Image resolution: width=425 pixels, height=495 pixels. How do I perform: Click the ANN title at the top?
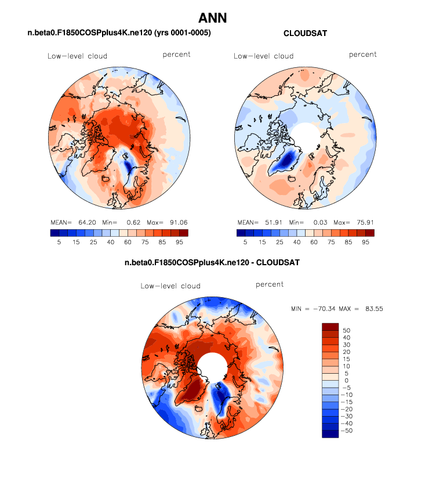(212, 19)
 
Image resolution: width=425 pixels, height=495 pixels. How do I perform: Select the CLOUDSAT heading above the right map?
(305, 34)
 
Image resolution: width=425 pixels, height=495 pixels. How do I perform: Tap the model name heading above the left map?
(119, 34)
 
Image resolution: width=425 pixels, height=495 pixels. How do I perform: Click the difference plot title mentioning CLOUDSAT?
(212, 263)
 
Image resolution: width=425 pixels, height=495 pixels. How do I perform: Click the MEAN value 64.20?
(82, 222)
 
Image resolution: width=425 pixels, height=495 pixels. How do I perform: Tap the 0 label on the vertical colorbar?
(346, 381)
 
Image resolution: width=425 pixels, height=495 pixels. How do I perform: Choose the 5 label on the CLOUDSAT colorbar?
(245, 243)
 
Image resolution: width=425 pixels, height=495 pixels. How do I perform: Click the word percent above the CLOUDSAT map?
(362, 55)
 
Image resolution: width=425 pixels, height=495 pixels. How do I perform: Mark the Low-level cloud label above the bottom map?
(170, 286)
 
